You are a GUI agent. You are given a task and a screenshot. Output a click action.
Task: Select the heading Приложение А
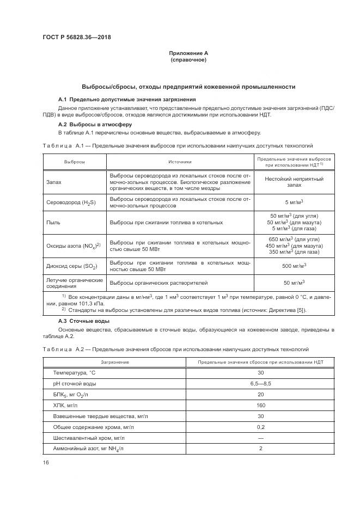[x=188, y=53]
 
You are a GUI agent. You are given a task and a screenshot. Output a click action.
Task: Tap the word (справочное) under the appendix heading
[x=188, y=60]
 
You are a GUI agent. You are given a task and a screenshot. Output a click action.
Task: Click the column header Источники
[x=179, y=162]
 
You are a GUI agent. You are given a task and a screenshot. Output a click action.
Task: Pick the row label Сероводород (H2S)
[x=72, y=203]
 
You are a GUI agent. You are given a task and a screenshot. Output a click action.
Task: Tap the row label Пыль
[x=53, y=222]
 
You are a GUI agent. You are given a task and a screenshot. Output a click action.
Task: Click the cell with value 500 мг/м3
[x=294, y=266]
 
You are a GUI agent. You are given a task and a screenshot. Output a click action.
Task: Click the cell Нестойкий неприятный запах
[x=294, y=182]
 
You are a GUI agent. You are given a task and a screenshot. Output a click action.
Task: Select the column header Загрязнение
[x=114, y=362]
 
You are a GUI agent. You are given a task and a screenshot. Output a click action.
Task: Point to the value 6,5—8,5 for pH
[x=260, y=384]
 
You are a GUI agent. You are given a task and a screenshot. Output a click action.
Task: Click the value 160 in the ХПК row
[x=260, y=406]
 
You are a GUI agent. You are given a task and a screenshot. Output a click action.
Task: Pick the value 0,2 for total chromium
[x=260, y=428]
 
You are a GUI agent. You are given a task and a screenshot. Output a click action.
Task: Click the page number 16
[x=46, y=462]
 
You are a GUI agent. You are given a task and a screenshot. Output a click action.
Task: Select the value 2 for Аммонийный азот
[x=260, y=450]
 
